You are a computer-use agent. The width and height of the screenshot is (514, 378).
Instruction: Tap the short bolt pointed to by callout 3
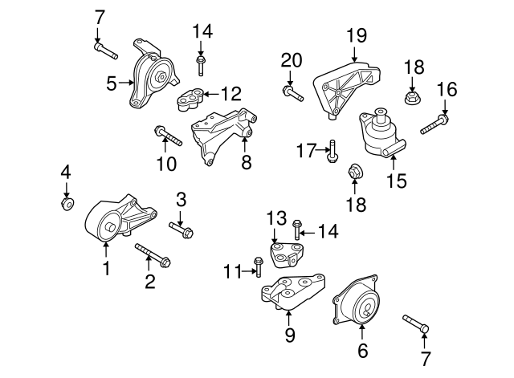[x=182, y=231]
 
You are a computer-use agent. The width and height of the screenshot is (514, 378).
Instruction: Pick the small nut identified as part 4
[x=67, y=202]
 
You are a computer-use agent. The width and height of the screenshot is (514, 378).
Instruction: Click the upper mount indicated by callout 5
[x=153, y=79]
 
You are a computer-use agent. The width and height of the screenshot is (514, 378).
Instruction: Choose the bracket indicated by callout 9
[x=293, y=295]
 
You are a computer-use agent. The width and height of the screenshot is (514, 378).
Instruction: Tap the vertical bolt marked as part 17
[x=331, y=150]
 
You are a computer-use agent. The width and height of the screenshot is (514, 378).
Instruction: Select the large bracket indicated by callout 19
[x=348, y=87]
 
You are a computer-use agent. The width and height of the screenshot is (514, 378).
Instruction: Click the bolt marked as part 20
[x=292, y=96]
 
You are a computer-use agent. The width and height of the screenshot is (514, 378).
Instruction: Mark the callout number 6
[x=361, y=351]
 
